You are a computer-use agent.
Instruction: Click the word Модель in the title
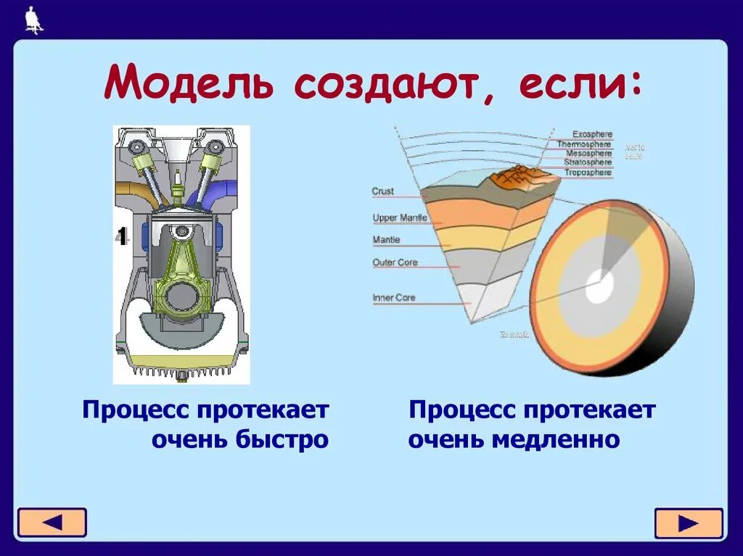[x=191, y=84]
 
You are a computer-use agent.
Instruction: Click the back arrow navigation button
[x=52, y=523]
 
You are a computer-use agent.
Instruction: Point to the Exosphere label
[x=592, y=134]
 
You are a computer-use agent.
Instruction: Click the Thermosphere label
[x=584, y=144]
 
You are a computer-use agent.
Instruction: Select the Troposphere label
[x=588, y=173]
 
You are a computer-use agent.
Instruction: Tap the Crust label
[x=382, y=191]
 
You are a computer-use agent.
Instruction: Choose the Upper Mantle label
[x=400, y=217]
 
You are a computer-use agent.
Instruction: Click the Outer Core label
[x=395, y=262]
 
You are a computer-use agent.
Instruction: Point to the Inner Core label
[x=394, y=297]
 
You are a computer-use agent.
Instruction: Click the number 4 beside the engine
[x=122, y=236]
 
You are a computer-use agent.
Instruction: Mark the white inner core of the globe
[x=599, y=288]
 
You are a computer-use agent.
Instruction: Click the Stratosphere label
[x=588, y=162]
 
